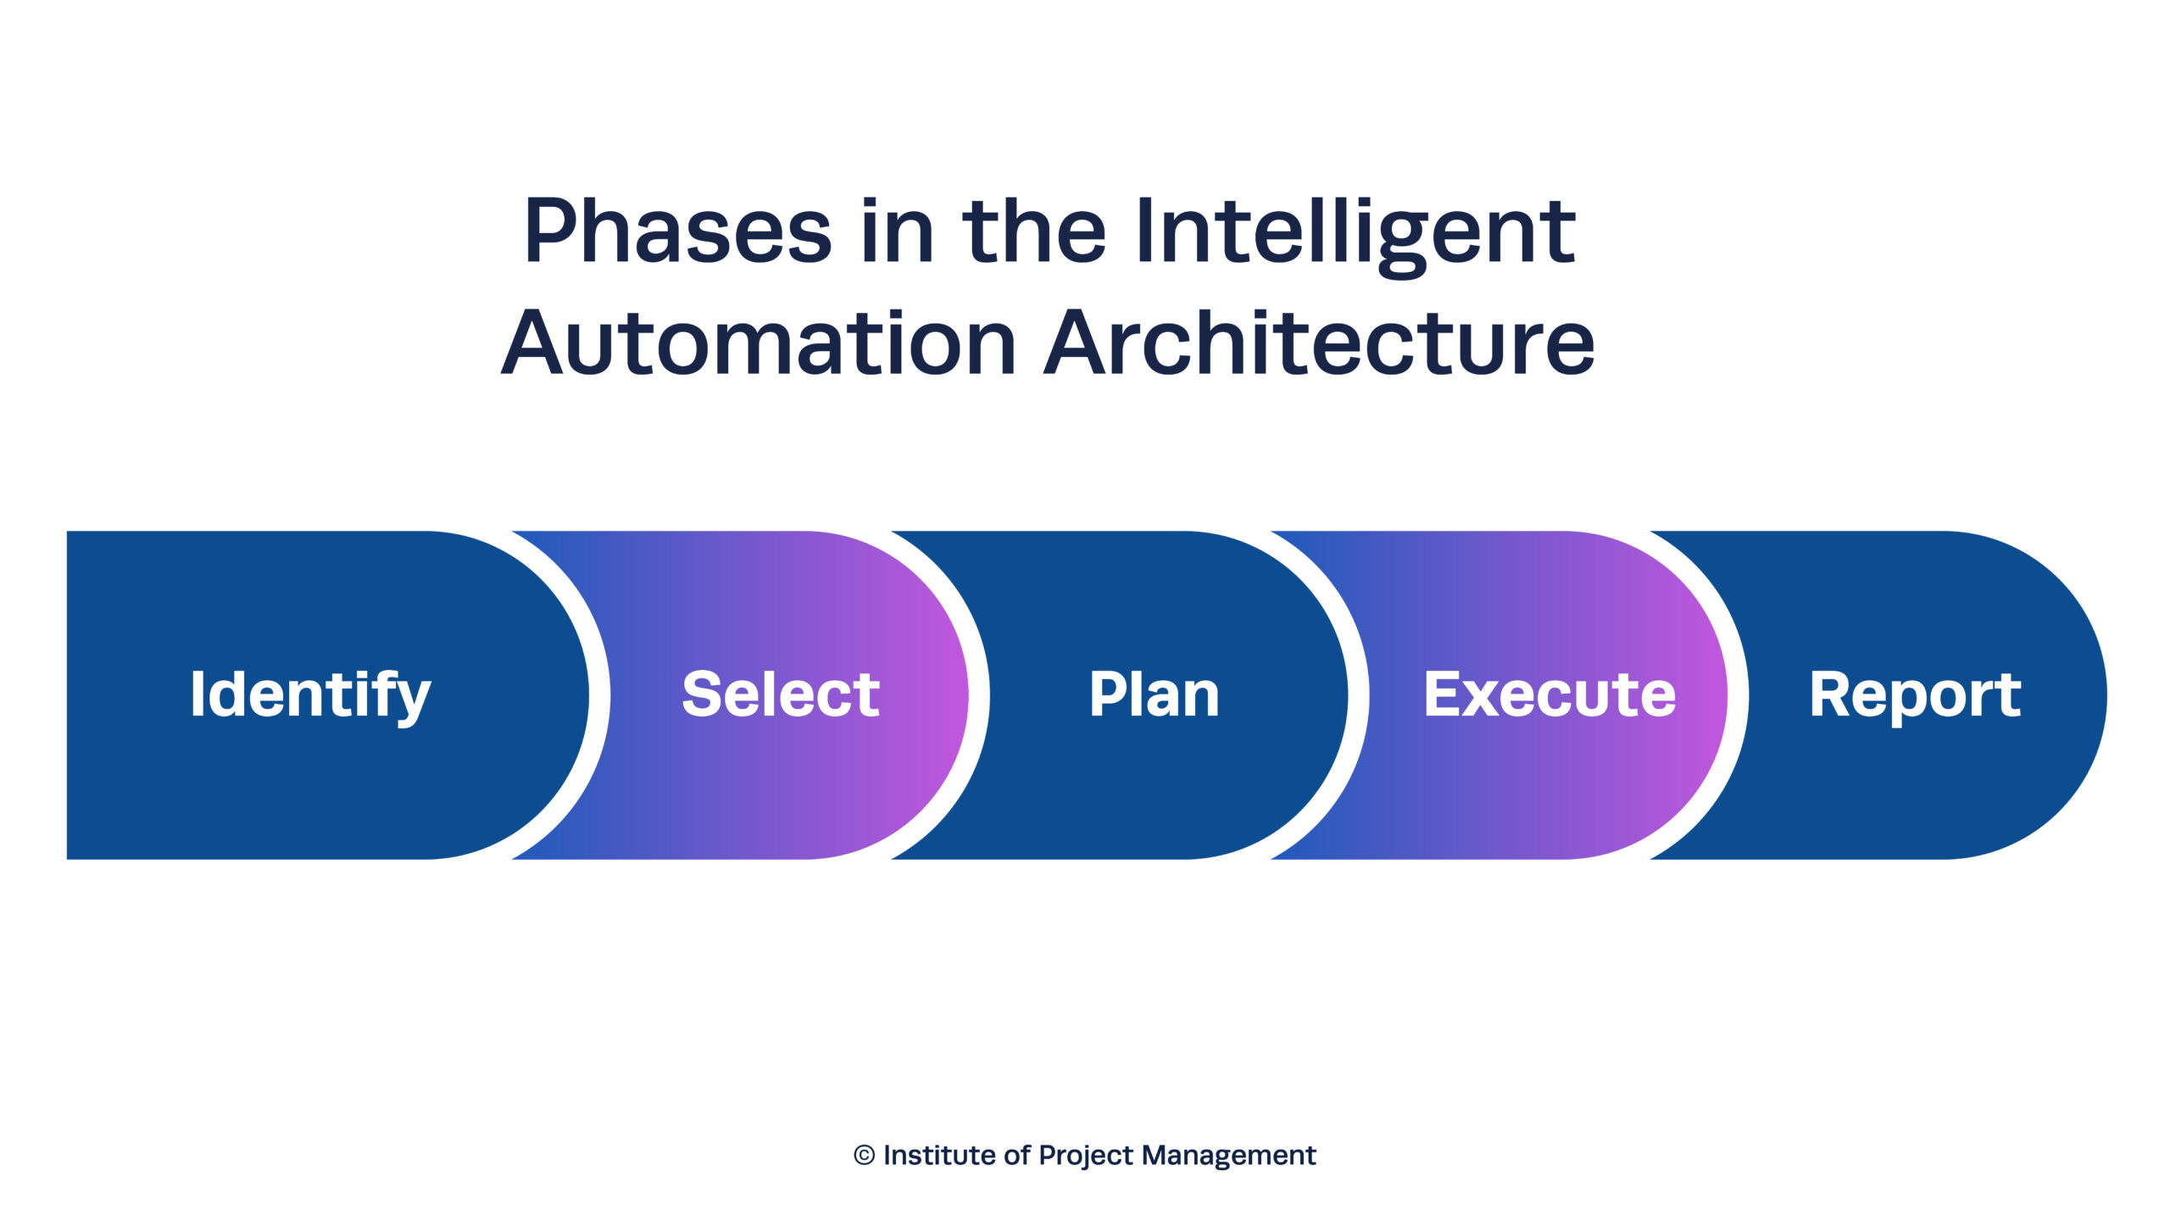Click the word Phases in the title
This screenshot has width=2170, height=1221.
678,231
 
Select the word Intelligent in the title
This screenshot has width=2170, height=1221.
1355,231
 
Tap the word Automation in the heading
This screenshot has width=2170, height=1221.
759,343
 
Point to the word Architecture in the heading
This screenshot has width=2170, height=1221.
1319,343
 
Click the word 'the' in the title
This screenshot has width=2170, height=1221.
1034,231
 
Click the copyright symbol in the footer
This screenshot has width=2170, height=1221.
864,1156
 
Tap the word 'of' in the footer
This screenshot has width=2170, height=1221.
1016,1156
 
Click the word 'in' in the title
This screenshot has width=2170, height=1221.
897,231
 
